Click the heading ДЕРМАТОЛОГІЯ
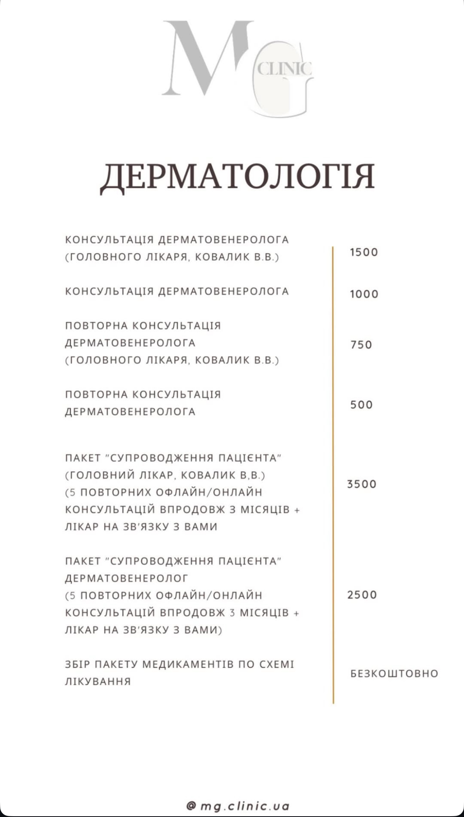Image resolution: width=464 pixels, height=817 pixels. point(237,177)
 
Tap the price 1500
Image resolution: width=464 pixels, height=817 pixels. point(364,252)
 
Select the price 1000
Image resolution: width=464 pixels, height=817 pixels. point(364,294)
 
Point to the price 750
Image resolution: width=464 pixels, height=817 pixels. point(361,345)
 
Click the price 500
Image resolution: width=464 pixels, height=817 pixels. point(361,404)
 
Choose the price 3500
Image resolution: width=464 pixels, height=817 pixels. point(362,484)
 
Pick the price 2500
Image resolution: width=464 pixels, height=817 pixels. point(362,594)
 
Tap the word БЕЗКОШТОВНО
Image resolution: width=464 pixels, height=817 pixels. point(394,673)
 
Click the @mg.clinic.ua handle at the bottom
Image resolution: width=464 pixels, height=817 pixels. point(238,806)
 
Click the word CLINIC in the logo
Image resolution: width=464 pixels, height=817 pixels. point(285,69)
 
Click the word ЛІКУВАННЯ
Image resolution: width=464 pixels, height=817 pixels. point(98,681)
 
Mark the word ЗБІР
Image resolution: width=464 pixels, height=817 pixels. point(78,664)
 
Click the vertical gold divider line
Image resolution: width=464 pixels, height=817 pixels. point(333,472)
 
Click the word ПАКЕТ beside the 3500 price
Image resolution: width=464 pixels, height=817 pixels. point(83,458)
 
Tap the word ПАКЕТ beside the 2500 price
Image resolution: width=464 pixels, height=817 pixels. point(83,561)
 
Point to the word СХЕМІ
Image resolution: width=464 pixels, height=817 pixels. point(277,664)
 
